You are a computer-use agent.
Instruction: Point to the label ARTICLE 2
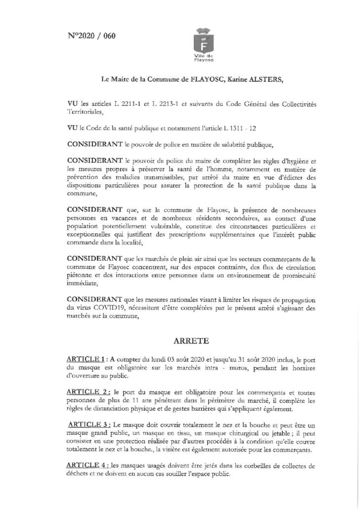click(86, 391)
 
